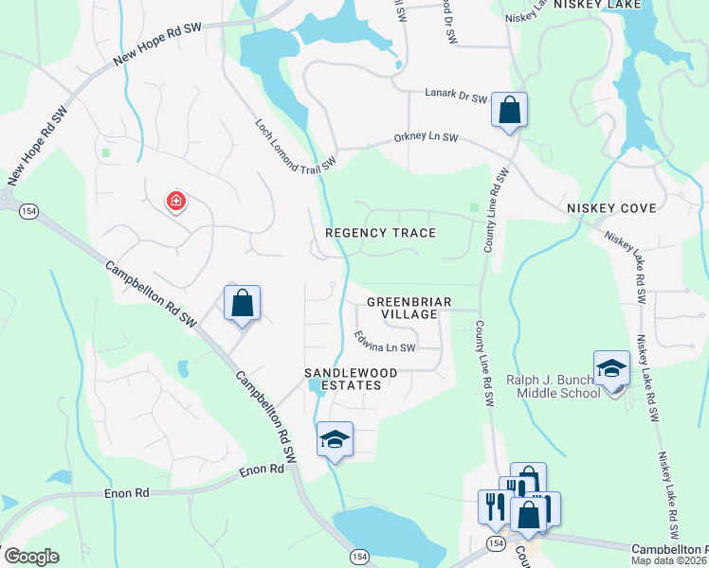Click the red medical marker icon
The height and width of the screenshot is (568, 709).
(x=175, y=201)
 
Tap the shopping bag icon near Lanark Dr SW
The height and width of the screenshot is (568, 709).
(x=509, y=110)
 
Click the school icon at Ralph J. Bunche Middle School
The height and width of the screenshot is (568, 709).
(x=611, y=368)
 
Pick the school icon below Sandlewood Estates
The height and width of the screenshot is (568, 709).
(x=334, y=439)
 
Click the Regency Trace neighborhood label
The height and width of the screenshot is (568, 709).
(x=380, y=233)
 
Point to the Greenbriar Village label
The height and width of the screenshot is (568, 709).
(x=409, y=308)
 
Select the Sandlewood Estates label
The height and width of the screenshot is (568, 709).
(x=343, y=379)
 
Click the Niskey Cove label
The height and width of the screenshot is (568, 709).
(x=606, y=207)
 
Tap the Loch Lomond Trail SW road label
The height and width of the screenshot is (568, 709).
(x=295, y=145)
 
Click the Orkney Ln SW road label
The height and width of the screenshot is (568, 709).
(x=426, y=138)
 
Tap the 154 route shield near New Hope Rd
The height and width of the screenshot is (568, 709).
(x=27, y=212)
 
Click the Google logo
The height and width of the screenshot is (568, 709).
(x=31, y=556)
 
